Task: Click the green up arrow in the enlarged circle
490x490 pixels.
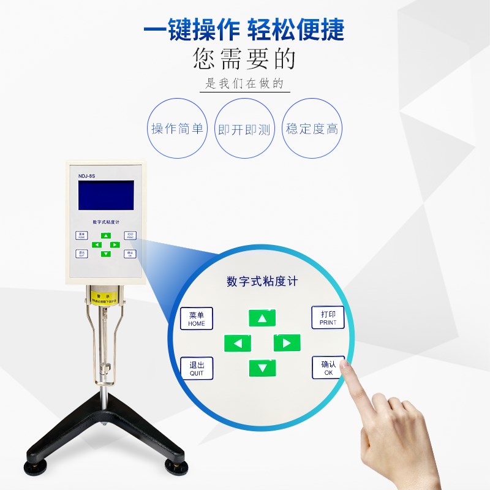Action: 262,318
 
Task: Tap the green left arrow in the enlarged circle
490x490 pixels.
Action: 237,343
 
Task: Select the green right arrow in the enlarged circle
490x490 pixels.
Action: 287,342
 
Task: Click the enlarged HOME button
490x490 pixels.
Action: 197,318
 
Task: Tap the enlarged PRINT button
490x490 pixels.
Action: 328,317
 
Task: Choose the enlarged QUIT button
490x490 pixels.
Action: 197,368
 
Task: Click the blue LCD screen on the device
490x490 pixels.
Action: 105,196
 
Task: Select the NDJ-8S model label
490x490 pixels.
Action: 86,176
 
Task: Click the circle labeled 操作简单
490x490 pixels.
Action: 177,129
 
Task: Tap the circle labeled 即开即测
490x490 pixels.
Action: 244,129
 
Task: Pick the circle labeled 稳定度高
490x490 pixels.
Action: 312,129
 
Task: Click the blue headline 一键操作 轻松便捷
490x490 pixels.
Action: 244,29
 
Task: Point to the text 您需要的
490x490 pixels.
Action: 244,59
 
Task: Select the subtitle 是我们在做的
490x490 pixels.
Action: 244,84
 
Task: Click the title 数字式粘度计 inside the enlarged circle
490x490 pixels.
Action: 262,282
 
